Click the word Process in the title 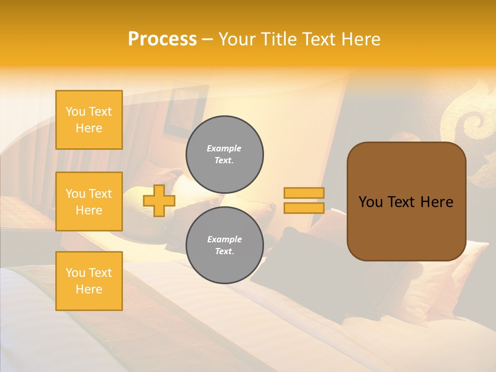pyautogui.click(x=162, y=39)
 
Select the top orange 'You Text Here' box pyautogui.click(x=89, y=120)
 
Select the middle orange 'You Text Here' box pyautogui.click(x=89, y=202)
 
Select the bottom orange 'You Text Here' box pyautogui.click(x=89, y=281)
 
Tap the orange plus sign pyautogui.click(x=159, y=200)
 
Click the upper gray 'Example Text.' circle pyautogui.click(x=224, y=154)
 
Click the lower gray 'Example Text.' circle pyautogui.click(x=224, y=245)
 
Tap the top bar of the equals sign pyautogui.click(x=304, y=193)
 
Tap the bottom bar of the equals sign pyautogui.click(x=304, y=208)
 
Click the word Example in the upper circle pyautogui.click(x=224, y=148)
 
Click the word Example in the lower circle pyautogui.click(x=224, y=239)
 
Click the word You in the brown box pyautogui.click(x=370, y=202)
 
